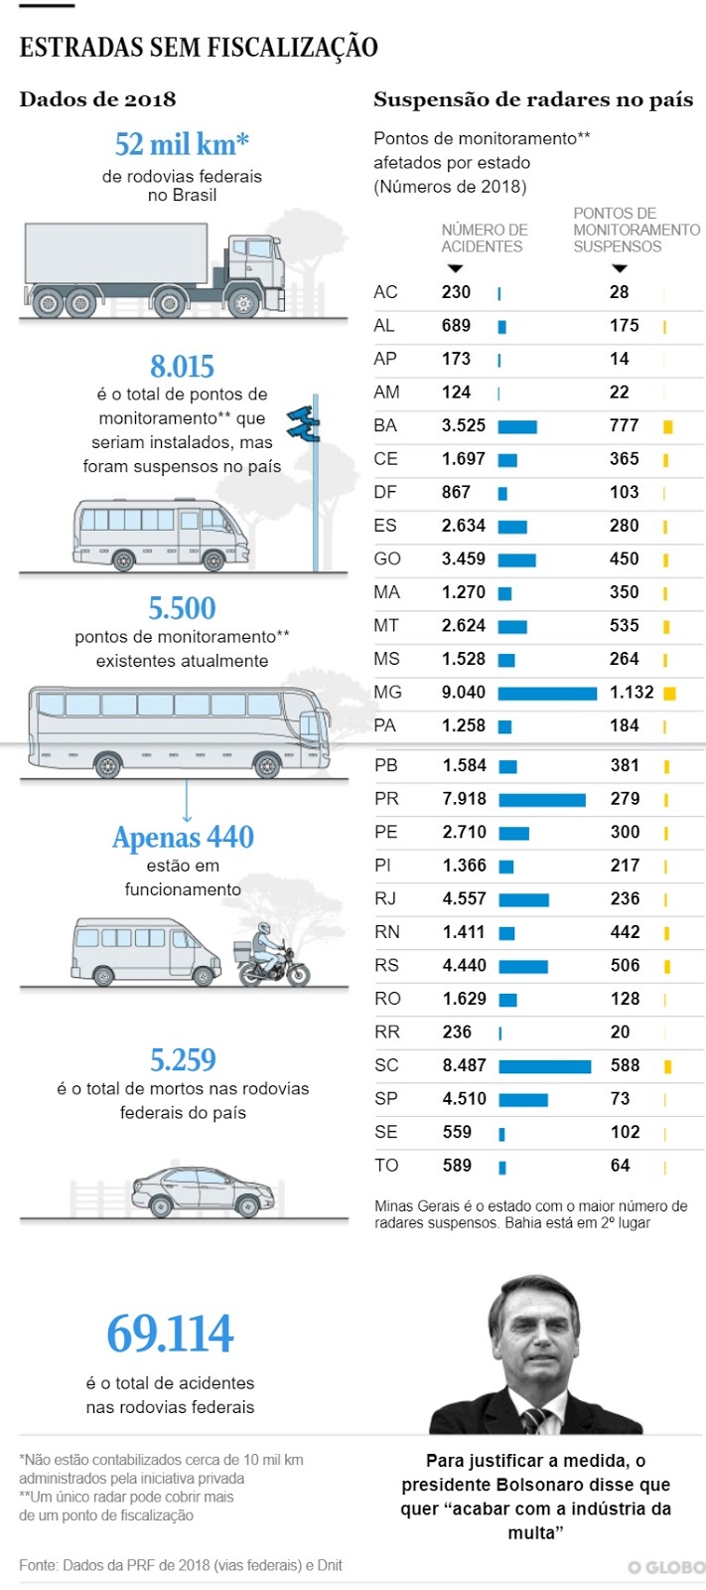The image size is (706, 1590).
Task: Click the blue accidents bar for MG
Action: coord(547,694)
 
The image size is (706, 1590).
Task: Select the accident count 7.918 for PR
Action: coord(465,799)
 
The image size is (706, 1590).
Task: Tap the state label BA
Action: coord(385,425)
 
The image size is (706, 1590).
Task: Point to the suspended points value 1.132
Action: coord(632,693)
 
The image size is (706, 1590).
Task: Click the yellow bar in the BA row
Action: coord(668,427)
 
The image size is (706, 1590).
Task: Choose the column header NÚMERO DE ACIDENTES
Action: coord(484,238)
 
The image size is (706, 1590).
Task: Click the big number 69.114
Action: coord(170,1334)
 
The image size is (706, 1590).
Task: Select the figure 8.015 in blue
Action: coord(182,367)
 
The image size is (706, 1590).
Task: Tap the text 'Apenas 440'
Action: coord(183,838)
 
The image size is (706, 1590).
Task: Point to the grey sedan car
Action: coord(204,1191)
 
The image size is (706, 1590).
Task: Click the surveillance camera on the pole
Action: coord(303,423)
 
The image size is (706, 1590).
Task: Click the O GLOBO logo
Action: coord(665,1567)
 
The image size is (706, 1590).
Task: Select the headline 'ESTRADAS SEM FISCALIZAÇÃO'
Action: coord(199,47)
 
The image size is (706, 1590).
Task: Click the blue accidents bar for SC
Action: coord(545,1066)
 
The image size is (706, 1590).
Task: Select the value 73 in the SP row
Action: coord(621,1099)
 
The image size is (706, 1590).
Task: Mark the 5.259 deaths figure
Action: coord(183,1060)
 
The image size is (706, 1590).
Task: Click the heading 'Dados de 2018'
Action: coord(97,99)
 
